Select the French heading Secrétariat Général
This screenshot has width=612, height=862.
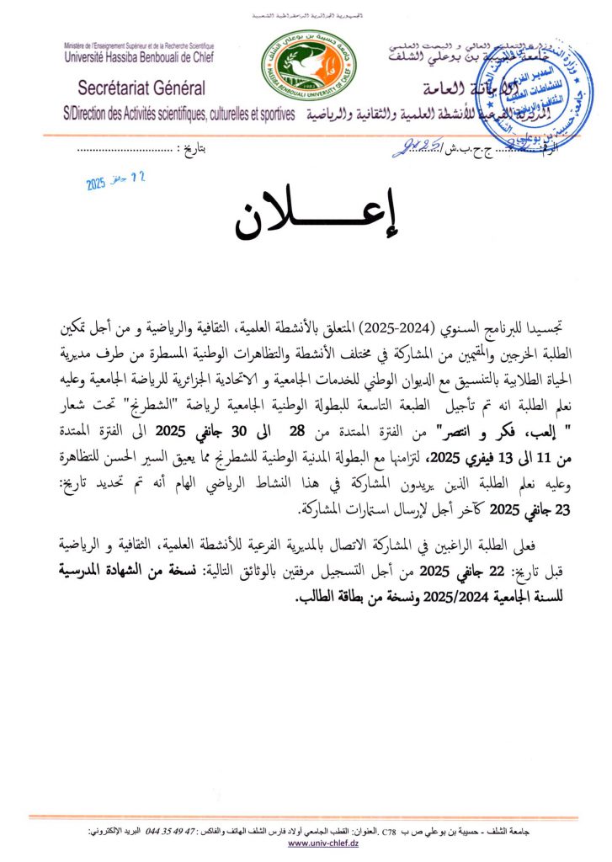(141, 88)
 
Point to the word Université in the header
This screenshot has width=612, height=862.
(93, 59)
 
